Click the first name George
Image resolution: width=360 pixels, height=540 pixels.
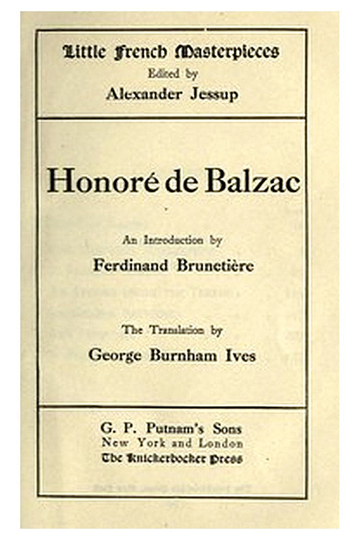115,355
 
